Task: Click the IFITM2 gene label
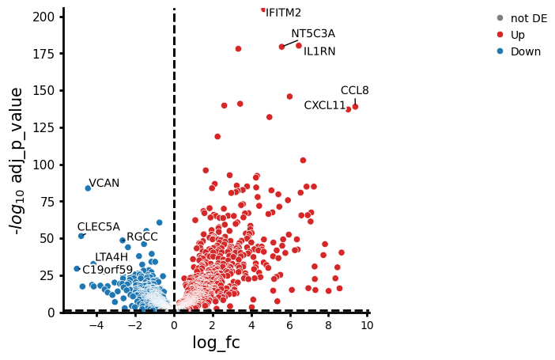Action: click(x=283, y=13)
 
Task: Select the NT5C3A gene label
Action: click(x=313, y=34)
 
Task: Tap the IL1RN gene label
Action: click(x=319, y=51)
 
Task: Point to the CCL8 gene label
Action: click(x=355, y=90)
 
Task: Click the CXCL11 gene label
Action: click(x=325, y=105)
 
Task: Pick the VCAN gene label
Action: click(x=104, y=183)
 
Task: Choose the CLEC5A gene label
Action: click(x=98, y=227)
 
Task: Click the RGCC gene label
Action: click(x=142, y=237)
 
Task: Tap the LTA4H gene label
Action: click(x=111, y=257)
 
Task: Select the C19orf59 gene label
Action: click(x=108, y=270)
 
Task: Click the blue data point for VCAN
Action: click(x=88, y=188)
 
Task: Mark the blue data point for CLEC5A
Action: click(x=81, y=236)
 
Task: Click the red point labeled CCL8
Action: click(x=355, y=107)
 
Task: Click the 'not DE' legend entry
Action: click(x=522, y=18)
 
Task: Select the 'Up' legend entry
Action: click(x=511, y=35)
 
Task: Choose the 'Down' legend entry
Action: click(x=519, y=51)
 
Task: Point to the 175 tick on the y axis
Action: click(x=43, y=54)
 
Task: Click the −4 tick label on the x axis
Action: click(x=96, y=325)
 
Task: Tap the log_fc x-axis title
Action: click(x=217, y=343)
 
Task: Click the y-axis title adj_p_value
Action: click(x=17, y=161)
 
